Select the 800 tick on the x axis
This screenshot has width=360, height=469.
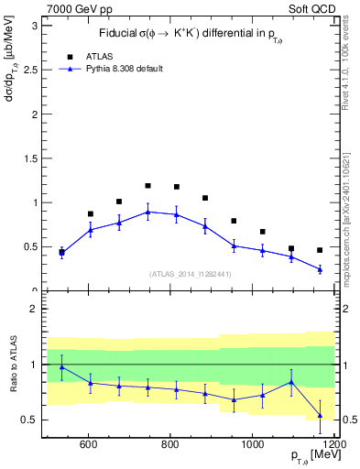point(170,446)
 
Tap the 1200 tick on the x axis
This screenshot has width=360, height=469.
point(335,446)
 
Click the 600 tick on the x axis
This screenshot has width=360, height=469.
point(89,446)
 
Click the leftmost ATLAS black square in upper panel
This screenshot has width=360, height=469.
point(61,253)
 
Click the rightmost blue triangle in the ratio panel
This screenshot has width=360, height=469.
point(320,415)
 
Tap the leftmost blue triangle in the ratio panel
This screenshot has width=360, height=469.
point(61,367)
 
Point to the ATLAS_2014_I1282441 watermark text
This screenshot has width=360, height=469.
point(190,273)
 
